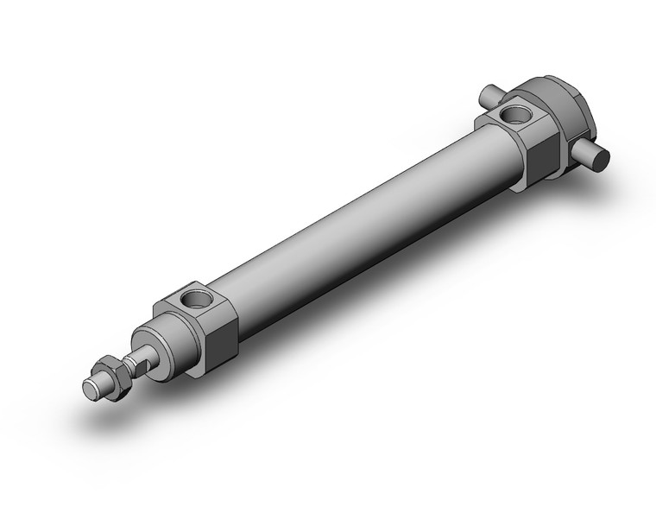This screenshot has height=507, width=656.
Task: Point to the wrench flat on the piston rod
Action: click(137, 357)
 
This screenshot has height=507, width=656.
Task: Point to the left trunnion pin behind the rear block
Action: click(489, 92)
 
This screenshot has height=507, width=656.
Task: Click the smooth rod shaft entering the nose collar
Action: click(147, 352)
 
